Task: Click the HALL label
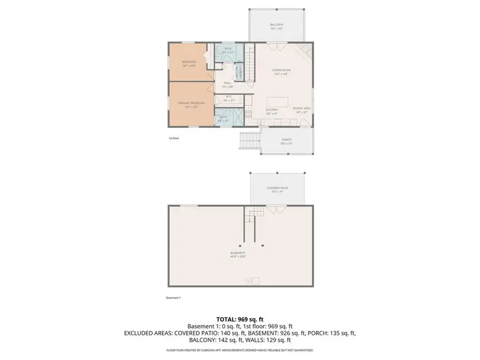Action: [x=227, y=83]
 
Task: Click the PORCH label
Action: [x=286, y=140]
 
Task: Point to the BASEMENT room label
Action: [x=238, y=253]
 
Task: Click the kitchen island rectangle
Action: [x=277, y=101]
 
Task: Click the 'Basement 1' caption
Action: [x=174, y=298]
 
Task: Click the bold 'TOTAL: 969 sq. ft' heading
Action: [x=239, y=318]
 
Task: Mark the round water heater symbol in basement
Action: [x=247, y=280]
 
